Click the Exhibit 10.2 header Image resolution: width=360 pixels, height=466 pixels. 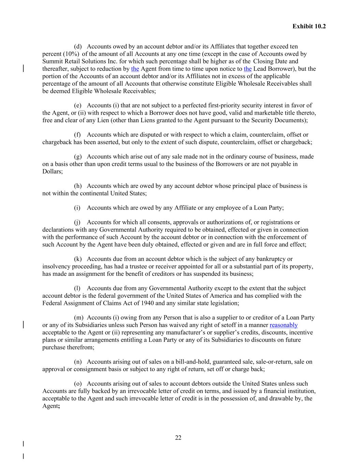click(x=309, y=26)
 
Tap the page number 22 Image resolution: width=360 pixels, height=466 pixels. click(x=178, y=438)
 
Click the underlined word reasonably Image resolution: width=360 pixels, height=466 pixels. click(x=284, y=325)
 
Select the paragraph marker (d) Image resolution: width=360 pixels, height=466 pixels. click(x=78, y=46)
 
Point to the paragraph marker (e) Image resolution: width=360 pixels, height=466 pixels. click(x=78, y=105)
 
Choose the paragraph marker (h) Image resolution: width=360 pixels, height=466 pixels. click(x=78, y=186)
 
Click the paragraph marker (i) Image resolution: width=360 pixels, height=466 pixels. click(x=77, y=208)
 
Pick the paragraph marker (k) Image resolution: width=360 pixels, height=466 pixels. click(x=78, y=259)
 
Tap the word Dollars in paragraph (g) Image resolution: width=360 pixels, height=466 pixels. click(x=52, y=171)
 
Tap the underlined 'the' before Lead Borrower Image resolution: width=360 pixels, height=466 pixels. click(x=248, y=69)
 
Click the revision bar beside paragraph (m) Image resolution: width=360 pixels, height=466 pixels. click(x=23, y=324)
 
